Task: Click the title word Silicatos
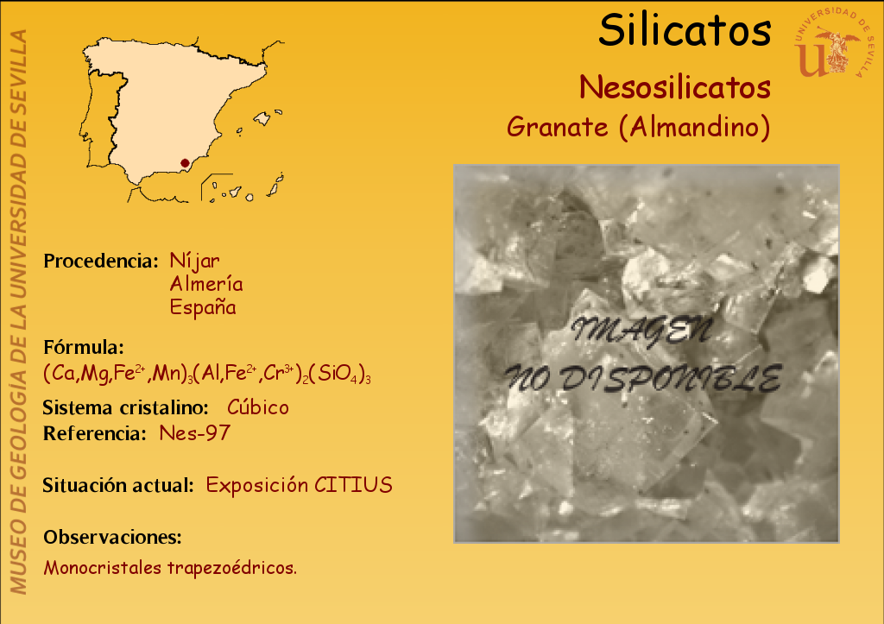click(x=685, y=30)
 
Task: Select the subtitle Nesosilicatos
click(x=675, y=87)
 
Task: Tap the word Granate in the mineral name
click(x=558, y=127)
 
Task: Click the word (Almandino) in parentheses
click(x=695, y=127)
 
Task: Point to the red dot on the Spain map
click(x=185, y=163)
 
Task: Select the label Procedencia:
click(x=101, y=261)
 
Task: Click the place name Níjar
click(x=194, y=261)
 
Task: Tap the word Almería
click(x=206, y=284)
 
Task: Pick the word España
click(x=203, y=307)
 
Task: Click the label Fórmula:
click(x=84, y=347)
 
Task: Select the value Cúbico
click(x=258, y=407)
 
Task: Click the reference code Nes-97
click(x=195, y=433)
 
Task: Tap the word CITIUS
click(x=353, y=485)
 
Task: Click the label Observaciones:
click(x=113, y=537)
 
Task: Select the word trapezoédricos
click(x=231, y=568)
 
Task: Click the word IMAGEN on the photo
click(x=642, y=331)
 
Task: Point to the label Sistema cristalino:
click(x=126, y=407)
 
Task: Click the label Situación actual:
click(x=118, y=485)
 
